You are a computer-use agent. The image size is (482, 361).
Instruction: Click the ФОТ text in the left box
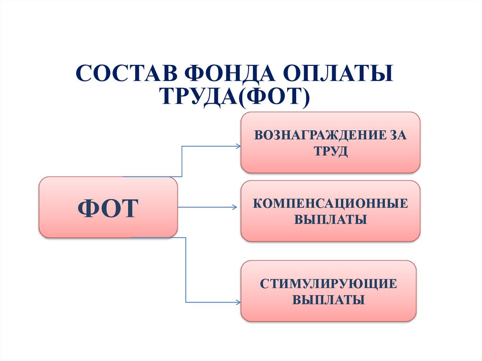(108, 208)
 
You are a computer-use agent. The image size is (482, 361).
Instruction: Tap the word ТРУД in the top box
(330, 152)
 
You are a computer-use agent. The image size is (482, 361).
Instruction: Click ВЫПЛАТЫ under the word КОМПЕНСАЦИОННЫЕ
(330, 219)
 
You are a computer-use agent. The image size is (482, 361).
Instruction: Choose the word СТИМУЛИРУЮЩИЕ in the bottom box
(329, 284)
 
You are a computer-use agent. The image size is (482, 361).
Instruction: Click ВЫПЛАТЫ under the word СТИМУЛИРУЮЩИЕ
(329, 300)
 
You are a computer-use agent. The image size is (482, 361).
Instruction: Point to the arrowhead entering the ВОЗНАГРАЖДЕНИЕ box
(238, 146)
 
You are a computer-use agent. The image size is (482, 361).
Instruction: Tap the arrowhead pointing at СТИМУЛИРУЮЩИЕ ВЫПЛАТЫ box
(238, 302)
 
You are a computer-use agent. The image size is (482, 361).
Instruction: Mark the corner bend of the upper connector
(182, 147)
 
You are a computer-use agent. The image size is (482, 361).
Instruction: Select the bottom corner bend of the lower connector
(186, 302)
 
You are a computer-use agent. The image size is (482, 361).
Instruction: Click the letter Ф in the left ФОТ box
(88, 208)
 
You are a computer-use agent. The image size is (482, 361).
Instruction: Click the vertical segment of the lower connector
(186, 271)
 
